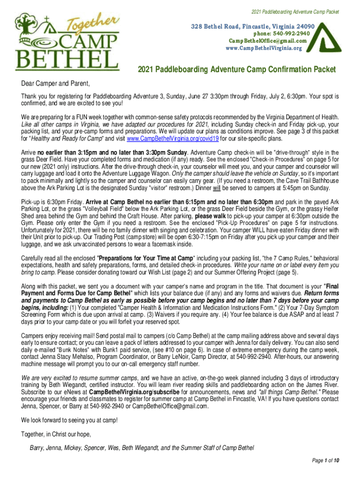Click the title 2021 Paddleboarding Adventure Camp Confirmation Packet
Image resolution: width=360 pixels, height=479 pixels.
point(237,70)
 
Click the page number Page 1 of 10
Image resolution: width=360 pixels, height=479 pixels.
point(325,460)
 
